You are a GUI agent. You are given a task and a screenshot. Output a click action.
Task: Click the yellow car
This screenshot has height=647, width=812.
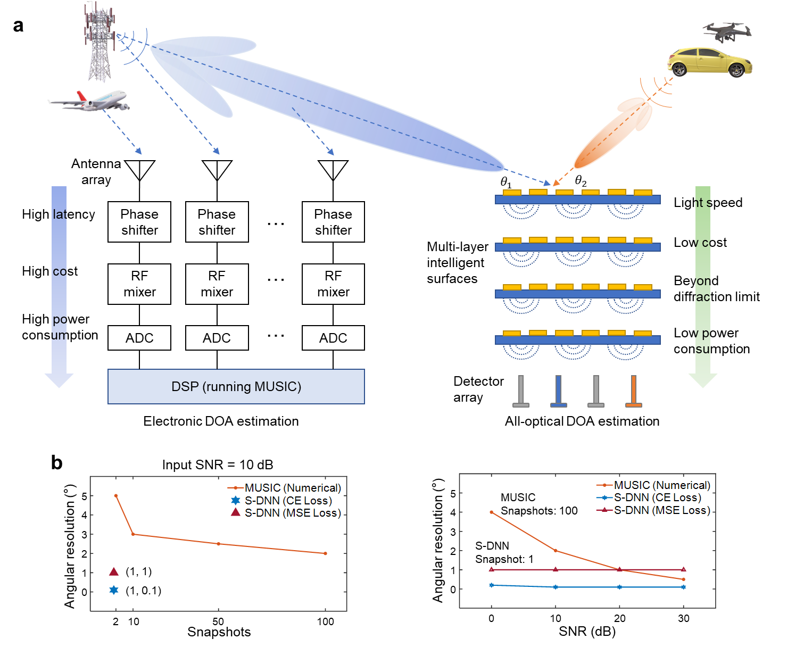pyautogui.click(x=709, y=62)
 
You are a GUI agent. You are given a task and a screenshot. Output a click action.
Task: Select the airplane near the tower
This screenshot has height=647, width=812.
pyautogui.click(x=89, y=101)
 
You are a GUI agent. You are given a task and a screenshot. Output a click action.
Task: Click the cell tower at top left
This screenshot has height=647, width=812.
pyautogui.click(x=100, y=43)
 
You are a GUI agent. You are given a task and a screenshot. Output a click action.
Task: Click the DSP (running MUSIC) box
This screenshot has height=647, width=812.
pyautogui.click(x=236, y=387)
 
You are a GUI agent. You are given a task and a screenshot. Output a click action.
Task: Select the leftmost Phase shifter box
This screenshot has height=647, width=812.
pyautogui.click(x=139, y=222)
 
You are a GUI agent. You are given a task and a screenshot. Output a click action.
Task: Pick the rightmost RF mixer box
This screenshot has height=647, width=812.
pyautogui.click(x=333, y=284)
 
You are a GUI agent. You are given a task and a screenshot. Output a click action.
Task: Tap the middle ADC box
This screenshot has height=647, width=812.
pyautogui.click(x=217, y=338)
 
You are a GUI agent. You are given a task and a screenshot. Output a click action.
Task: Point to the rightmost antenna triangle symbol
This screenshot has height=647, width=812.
pyautogui.click(x=333, y=170)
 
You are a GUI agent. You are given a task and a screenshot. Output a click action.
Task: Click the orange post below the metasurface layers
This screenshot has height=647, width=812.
pyautogui.click(x=633, y=392)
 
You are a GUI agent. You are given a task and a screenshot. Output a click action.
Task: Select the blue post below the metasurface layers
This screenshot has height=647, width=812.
pyautogui.click(x=558, y=392)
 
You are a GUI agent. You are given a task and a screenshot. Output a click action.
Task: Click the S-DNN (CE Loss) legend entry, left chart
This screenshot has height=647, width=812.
pyautogui.click(x=282, y=501)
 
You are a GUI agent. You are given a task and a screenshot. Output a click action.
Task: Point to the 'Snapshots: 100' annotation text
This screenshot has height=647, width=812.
pyautogui.click(x=539, y=511)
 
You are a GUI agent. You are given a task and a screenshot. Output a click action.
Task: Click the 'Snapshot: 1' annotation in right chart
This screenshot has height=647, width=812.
pyautogui.click(x=504, y=559)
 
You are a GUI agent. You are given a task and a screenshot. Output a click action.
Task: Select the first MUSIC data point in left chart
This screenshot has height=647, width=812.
pyautogui.click(x=116, y=496)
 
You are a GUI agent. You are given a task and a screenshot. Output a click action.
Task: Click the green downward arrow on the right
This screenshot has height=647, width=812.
pyautogui.click(x=703, y=287)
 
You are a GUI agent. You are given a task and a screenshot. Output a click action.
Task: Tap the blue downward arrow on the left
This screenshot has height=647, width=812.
pyautogui.click(x=59, y=287)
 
